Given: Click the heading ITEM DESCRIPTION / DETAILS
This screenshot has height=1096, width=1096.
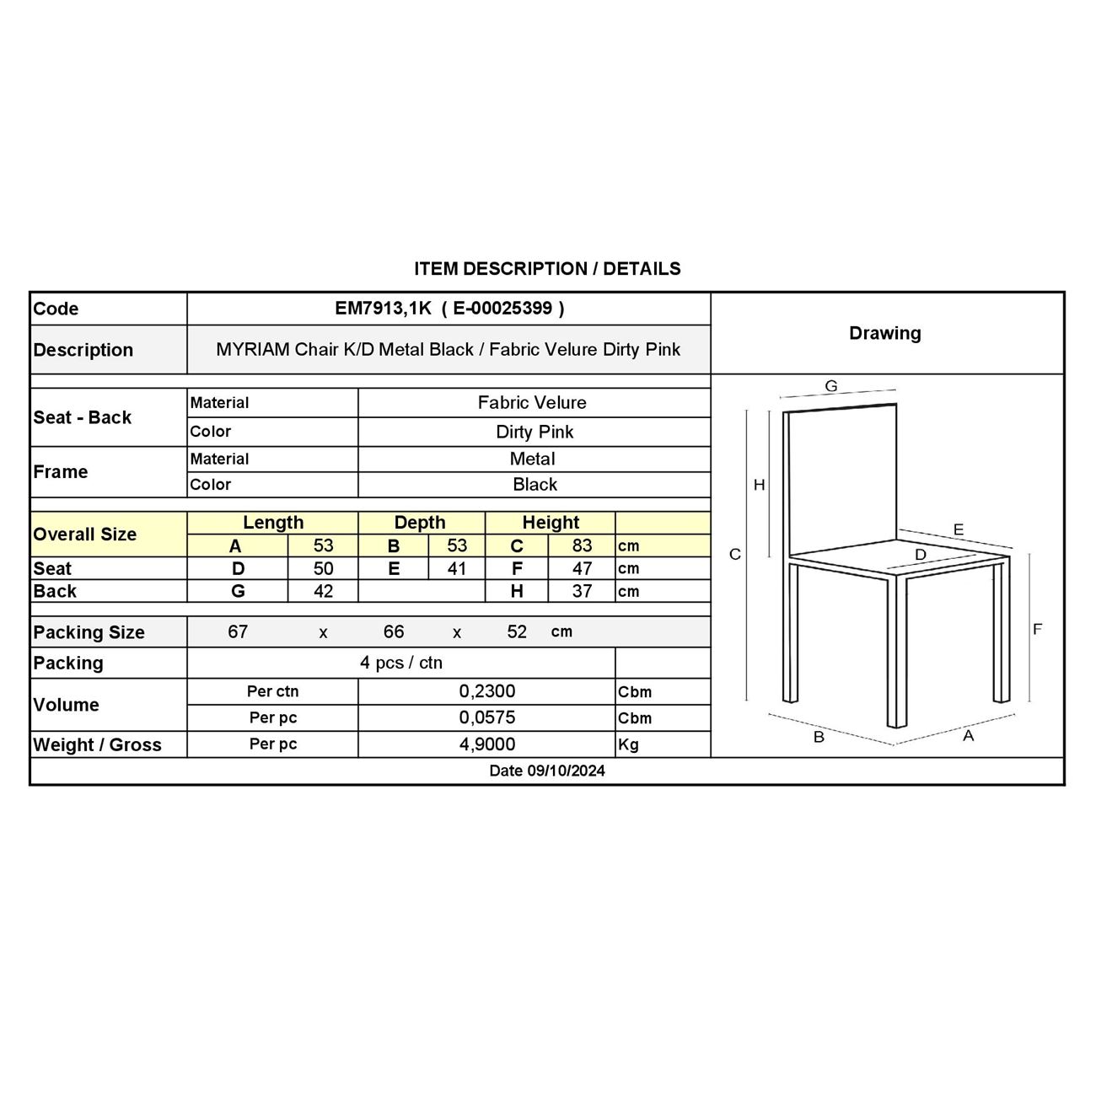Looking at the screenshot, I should coord(547,269).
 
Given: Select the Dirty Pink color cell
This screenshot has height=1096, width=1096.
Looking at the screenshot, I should coord(535,432).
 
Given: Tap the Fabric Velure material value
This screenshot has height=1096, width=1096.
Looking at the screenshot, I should coord(532,402).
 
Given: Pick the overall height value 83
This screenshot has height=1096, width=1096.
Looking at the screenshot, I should coord(582,545).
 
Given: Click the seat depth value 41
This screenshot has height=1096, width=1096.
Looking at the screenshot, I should coord(456,568).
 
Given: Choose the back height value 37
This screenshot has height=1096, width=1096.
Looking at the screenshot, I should coord(582,591).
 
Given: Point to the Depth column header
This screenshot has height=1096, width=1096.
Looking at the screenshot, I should coord(420,523).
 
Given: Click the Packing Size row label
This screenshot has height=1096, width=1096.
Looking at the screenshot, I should coord(89,632).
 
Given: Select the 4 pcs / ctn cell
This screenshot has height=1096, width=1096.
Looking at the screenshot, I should coord(401,663).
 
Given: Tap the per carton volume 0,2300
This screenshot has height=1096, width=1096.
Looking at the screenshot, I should coord(487,691).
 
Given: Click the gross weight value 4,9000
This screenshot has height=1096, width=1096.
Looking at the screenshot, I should coord(487,744).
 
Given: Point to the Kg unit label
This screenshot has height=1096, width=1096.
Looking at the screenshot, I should coord(629,745).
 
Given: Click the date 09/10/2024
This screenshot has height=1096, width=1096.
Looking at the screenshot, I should coord(547,771).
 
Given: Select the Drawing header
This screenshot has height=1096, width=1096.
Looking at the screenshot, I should coord(884,333).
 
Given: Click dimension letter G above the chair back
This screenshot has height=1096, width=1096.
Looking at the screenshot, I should coord(831,386).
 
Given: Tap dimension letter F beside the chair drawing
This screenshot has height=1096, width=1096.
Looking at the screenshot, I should coord(1037,629).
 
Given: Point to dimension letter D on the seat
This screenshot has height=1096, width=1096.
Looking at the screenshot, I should coord(920,555).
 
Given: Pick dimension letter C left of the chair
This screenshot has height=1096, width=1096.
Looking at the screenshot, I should coord(735,554).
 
